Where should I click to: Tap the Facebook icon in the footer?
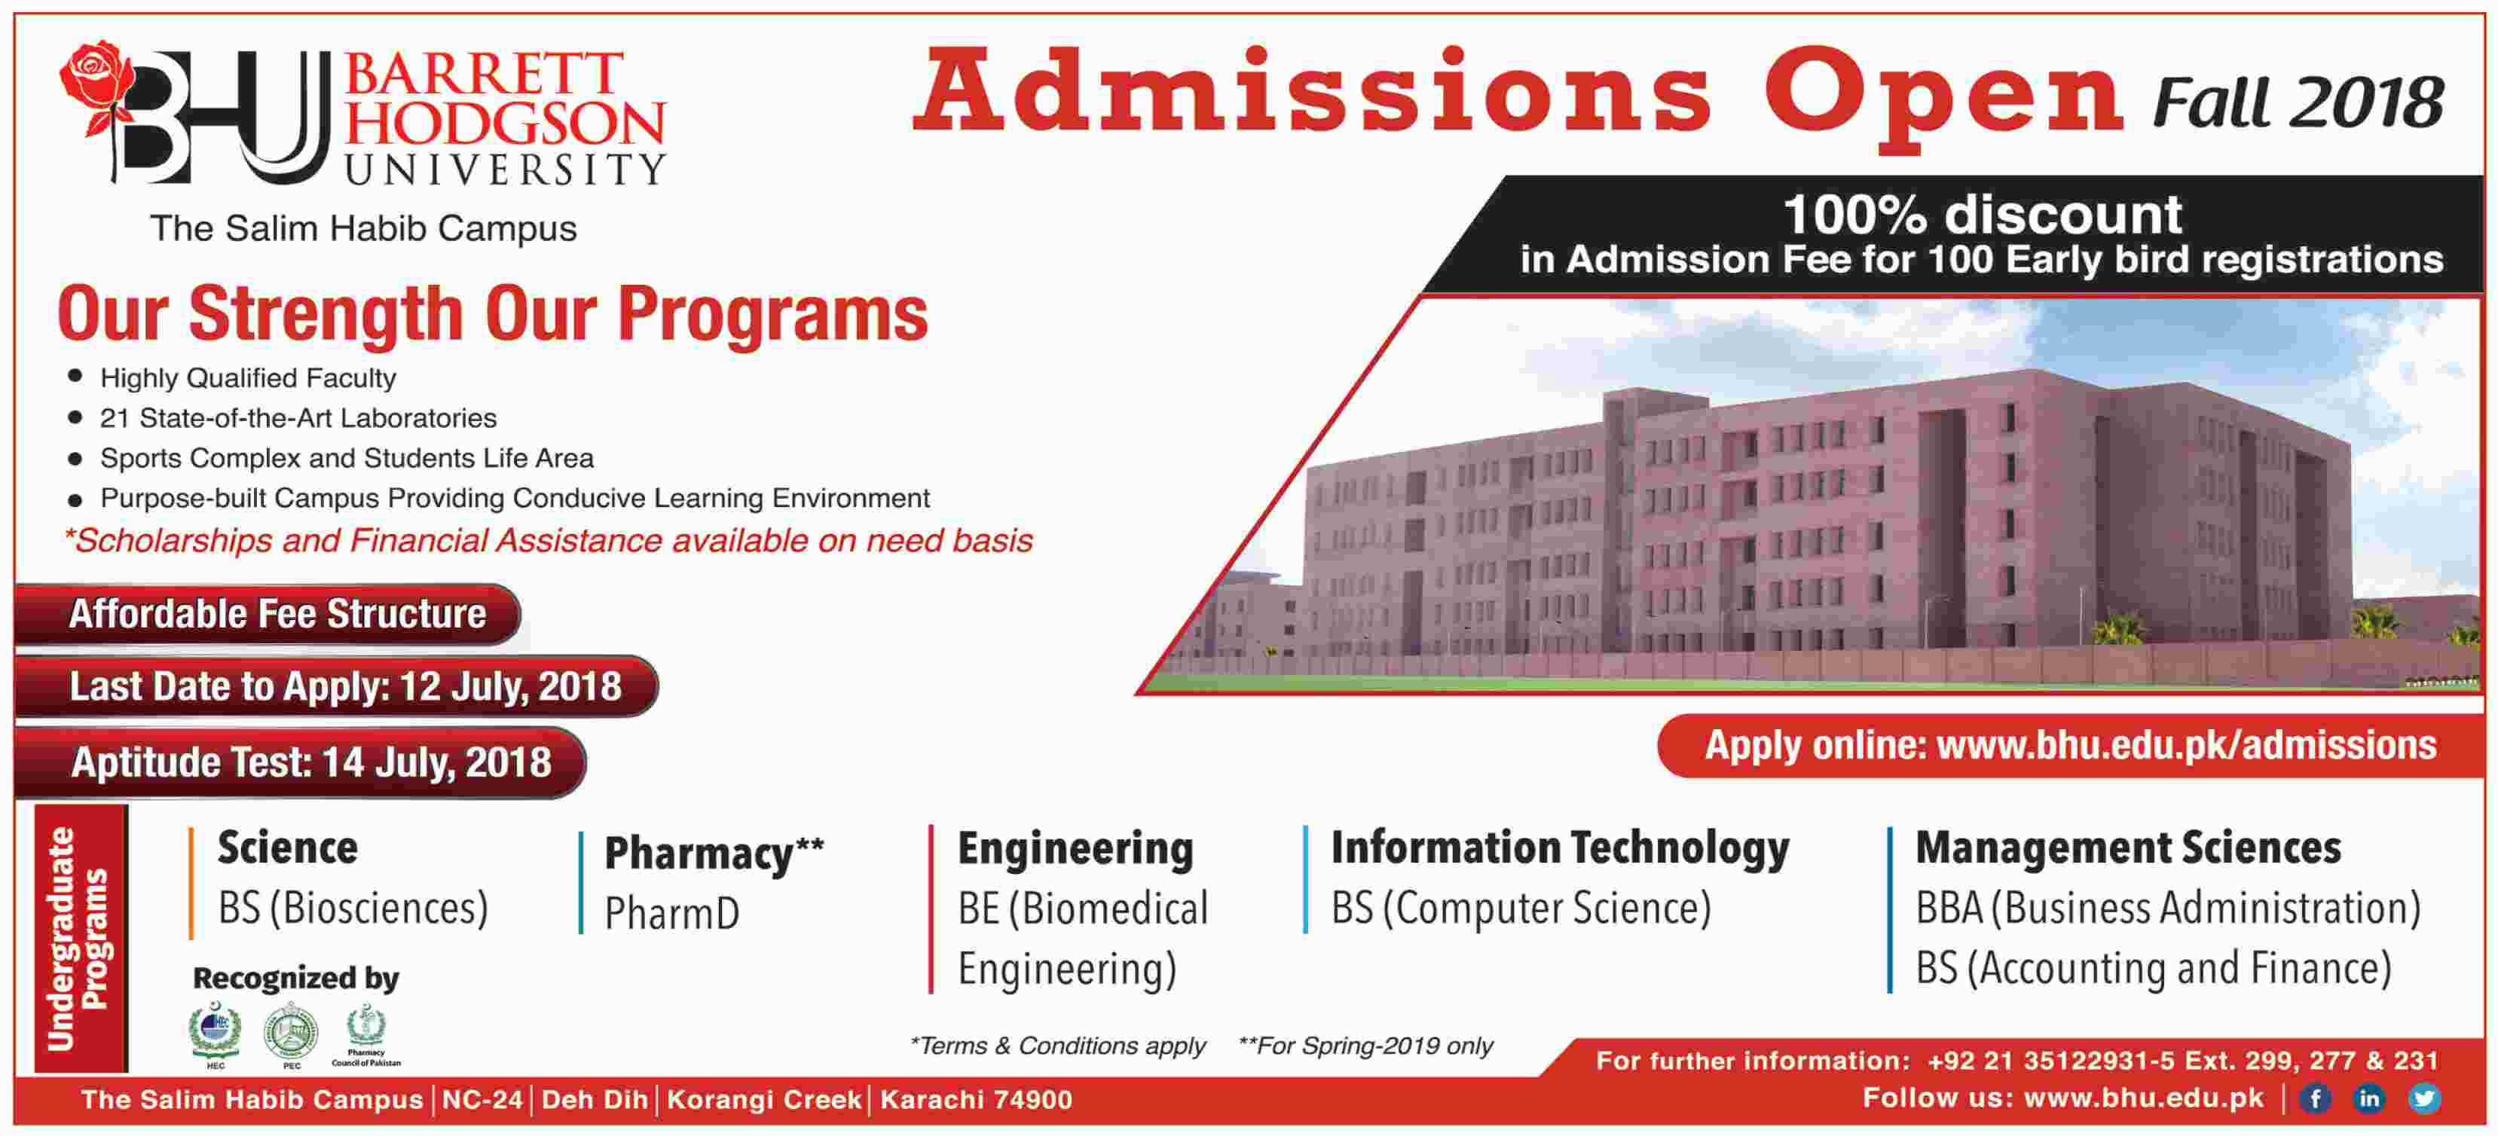(2316, 1098)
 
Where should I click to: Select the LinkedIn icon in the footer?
(2369, 1098)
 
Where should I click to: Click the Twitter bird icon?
(2423, 1098)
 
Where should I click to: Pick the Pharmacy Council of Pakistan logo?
(366, 1031)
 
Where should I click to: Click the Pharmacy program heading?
(714, 853)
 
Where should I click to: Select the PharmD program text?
(672, 913)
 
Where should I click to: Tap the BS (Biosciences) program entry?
(353, 909)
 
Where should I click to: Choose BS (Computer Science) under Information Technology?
(1521, 909)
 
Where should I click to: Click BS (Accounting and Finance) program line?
(2153, 968)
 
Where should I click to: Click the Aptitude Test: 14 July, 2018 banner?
(310, 762)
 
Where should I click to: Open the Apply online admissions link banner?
(2069, 745)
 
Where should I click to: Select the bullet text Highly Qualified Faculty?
(248, 378)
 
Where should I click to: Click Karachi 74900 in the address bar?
(976, 1100)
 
